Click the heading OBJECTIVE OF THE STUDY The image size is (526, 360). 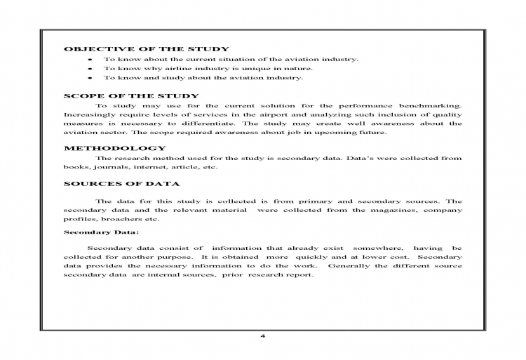click(147, 49)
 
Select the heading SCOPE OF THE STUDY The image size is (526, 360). click(132, 95)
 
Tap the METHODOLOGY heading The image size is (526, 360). click(115, 148)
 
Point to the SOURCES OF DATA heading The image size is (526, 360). click(122, 184)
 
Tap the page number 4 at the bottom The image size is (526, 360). click(262, 335)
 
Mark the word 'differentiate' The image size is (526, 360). click(213, 124)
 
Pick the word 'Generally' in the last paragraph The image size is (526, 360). click(351, 266)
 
